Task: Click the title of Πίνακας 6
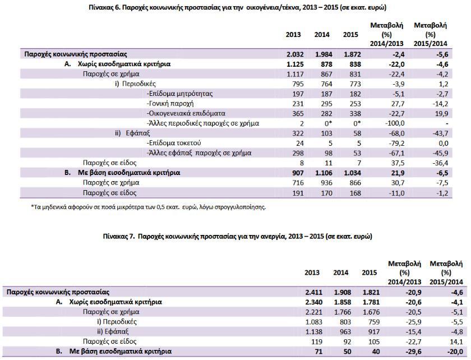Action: pyautogui.click(x=238, y=7)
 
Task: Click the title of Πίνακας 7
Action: pyautogui.click(x=237, y=236)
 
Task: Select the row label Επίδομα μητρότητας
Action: pyautogui.click(x=179, y=94)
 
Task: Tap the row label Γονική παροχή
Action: pyautogui.click(x=170, y=104)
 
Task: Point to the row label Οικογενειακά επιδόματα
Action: pyautogui.click(x=186, y=114)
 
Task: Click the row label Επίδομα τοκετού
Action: pyautogui.click(x=174, y=143)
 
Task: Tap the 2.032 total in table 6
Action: pyautogui.click(x=295, y=54)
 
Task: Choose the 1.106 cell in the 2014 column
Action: pyautogui.click(x=324, y=173)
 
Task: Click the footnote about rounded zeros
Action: pyautogui.click(x=149, y=207)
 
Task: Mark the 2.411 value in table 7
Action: pyautogui.click(x=313, y=292)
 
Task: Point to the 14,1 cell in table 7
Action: pyautogui.click(x=456, y=341)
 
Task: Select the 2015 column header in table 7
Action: pyautogui.click(x=369, y=273)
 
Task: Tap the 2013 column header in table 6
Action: pyautogui.click(x=293, y=35)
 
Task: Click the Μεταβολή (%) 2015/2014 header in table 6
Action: pyautogui.click(x=431, y=34)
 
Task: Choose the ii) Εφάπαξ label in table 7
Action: pyautogui.click(x=113, y=332)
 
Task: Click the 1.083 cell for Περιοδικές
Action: pyautogui.click(x=313, y=322)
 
